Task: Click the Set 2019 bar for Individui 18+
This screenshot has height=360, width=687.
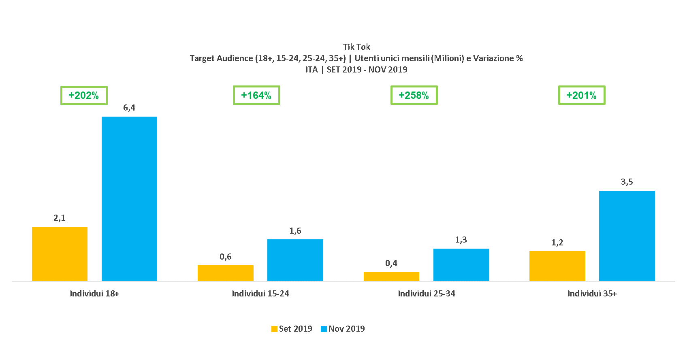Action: click(x=60, y=254)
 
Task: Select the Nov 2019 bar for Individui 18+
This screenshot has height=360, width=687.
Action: click(x=129, y=199)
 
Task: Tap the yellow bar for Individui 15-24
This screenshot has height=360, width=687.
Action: click(x=225, y=273)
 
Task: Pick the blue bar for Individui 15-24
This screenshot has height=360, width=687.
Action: click(x=295, y=260)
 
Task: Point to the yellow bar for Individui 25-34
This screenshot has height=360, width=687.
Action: click(x=391, y=277)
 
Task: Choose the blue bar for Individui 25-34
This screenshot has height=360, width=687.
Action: click(x=461, y=265)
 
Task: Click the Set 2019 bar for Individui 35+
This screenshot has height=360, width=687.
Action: click(x=557, y=266)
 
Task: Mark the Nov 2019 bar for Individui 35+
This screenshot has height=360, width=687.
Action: click(x=627, y=236)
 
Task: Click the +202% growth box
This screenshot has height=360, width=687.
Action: click(x=84, y=96)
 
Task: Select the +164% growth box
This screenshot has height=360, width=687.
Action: click(x=256, y=96)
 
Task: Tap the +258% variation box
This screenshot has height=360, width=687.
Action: click(x=414, y=96)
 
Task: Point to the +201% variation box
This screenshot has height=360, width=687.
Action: click(x=582, y=96)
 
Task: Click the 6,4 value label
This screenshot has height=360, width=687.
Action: click(x=129, y=108)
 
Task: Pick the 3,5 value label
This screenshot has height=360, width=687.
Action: click(x=627, y=182)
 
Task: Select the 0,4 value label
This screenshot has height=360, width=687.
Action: click(x=391, y=263)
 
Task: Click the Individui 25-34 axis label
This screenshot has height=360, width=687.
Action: click(x=427, y=294)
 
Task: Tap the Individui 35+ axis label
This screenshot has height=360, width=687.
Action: click(x=592, y=294)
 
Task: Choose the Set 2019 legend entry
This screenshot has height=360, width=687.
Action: click(x=292, y=329)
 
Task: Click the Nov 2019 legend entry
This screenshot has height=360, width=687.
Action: click(x=343, y=329)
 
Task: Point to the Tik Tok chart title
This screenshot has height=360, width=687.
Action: click(x=356, y=47)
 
